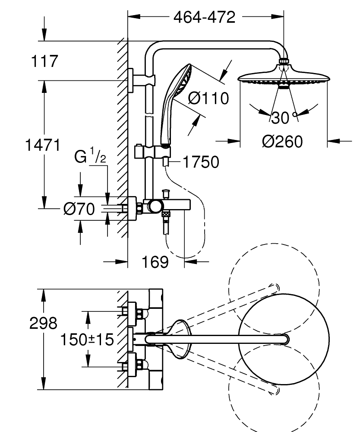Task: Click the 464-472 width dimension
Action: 204,17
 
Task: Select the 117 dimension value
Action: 44,61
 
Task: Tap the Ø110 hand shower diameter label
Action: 208,99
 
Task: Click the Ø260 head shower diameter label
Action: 282,141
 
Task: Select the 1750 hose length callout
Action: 200,162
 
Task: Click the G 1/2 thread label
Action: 90,156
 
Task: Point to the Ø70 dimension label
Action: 79,210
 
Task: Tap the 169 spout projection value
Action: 155,262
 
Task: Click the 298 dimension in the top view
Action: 44,324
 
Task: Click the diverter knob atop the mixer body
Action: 165,192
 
